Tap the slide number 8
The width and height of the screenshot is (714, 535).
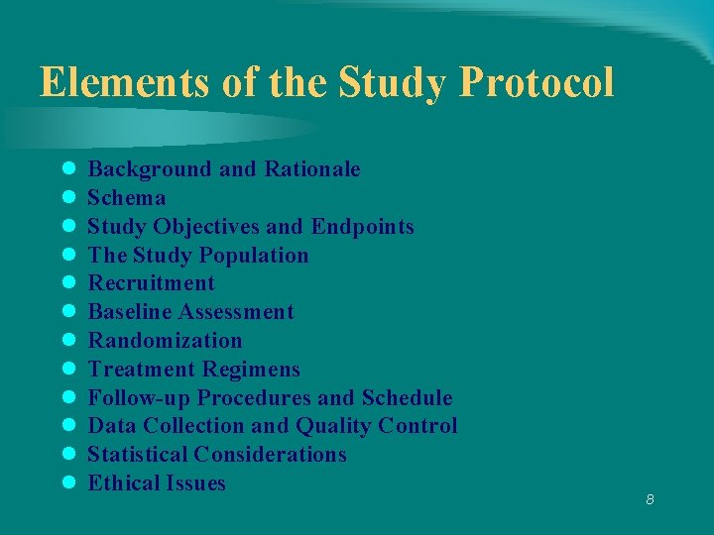click(650, 499)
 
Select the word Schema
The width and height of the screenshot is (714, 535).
click(127, 198)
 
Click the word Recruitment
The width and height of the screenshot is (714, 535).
click(151, 283)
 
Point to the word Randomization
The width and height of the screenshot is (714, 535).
click(165, 341)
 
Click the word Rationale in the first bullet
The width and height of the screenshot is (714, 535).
click(312, 169)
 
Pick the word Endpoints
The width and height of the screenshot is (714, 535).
click(362, 227)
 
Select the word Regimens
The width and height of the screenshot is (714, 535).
click(251, 370)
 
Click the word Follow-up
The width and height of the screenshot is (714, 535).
click(139, 398)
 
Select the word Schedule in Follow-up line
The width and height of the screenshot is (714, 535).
click(407, 398)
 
